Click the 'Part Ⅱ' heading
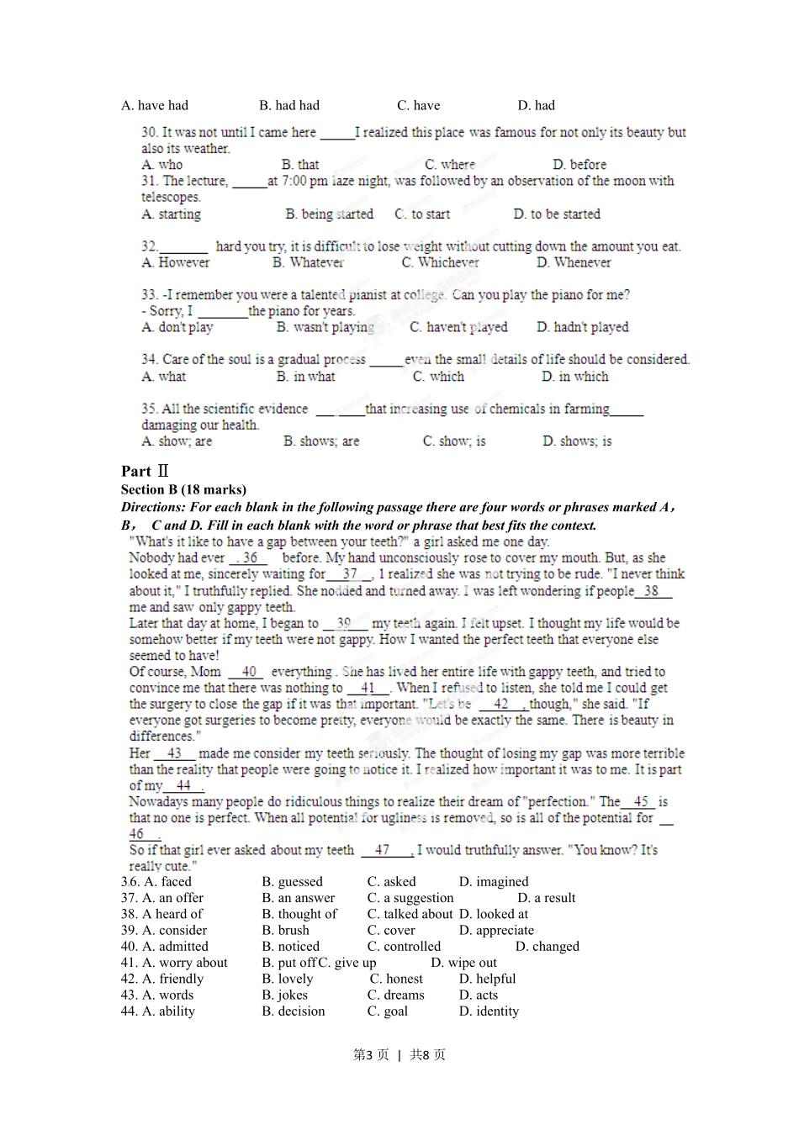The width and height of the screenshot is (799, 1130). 145,471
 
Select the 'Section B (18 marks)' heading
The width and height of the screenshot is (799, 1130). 183,489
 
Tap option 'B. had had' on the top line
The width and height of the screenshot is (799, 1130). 289,105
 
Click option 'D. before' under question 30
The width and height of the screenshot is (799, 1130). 579,165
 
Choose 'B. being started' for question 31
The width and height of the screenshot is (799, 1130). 329,214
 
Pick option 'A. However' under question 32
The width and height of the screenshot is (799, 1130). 176,262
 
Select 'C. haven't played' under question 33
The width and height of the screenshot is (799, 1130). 458,327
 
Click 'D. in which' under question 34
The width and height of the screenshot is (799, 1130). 574,377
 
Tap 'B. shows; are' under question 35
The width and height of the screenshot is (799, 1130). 320,441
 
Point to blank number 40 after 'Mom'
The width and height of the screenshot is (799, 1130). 248,672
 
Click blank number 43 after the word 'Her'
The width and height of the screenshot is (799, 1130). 174,753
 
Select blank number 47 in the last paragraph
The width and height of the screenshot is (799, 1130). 383,850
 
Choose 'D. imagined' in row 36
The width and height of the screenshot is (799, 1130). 494,881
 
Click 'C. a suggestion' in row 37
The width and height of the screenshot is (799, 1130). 410,897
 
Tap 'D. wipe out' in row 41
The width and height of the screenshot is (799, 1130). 463,962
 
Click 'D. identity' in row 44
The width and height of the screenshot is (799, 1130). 489,1011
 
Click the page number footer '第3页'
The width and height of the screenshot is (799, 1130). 371,1054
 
